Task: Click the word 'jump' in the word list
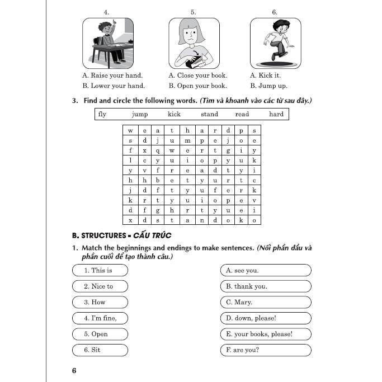[140, 114]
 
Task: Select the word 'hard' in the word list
[276, 114]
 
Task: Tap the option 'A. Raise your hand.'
[112, 75]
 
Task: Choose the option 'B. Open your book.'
[197, 86]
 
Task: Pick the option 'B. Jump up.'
[268, 86]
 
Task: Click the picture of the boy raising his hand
[108, 43]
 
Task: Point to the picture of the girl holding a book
[194, 43]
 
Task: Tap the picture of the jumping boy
[275, 43]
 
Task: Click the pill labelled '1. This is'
[100, 270]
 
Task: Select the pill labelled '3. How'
[100, 302]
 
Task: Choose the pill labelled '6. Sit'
[100, 350]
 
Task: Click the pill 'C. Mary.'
[266, 302]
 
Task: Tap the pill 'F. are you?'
[266, 350]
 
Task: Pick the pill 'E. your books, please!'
[266, 334]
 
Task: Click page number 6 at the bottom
[74, 371]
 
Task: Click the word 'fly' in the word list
[102, 114]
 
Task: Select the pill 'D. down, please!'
[266, 318]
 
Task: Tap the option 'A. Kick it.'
[265, 75]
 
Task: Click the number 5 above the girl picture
[193, 12]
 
